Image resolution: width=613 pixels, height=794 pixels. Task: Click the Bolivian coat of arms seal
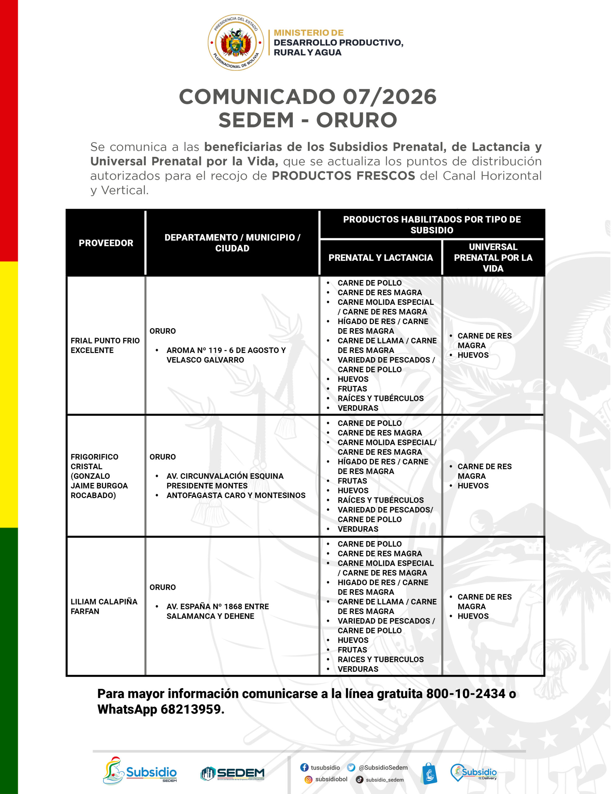(x=236, y=42)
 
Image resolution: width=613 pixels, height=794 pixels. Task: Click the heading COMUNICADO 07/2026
(x=307, y=97)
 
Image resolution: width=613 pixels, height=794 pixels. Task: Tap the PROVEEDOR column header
(x=106, y=243)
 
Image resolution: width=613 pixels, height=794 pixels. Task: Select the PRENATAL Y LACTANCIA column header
(x=381, y=257)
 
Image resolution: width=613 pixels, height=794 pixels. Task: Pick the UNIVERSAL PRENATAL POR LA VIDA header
(x=493, y=257)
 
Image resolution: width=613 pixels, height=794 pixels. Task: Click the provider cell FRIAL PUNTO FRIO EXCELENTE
(x=105, y=346)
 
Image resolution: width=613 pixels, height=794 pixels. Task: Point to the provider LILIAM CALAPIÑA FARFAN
(x=104, y=606)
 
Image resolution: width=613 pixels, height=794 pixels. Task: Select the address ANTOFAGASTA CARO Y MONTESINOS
(x=236, y=495)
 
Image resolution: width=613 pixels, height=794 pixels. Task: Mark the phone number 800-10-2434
(x=466, y=694)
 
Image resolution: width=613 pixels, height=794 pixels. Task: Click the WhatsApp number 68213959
(x=192, y=709)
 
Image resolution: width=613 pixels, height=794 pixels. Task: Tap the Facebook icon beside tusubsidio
(x=304, y=767)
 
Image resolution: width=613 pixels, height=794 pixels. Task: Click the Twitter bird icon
(x=351, y=767)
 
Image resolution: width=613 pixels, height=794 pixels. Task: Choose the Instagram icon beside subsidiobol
(x=308, y=779)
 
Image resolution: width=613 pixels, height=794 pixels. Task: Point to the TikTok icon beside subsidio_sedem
(x=359, y=779)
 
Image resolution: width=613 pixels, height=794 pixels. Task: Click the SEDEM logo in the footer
(x=232, y=773)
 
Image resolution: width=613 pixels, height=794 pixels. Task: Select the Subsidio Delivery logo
(x=473, y=773)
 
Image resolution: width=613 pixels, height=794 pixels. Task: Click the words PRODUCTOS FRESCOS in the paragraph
(x=343, y=176)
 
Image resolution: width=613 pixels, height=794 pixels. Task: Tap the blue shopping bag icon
(x=429, y=773)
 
